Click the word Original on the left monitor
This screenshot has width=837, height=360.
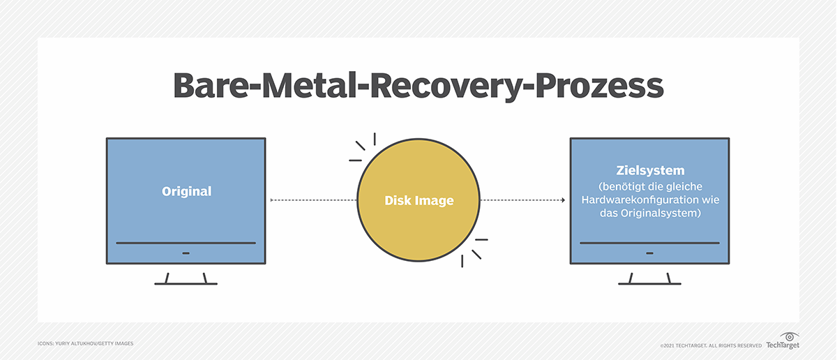pos(186,191)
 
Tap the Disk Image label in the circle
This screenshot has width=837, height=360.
pos(418,201)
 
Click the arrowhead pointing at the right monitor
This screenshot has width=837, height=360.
pos(562,201)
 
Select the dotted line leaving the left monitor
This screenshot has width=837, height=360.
pos(314,201)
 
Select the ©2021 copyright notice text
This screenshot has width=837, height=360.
pos(710,345)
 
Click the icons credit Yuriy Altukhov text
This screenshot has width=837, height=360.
pos(85,343)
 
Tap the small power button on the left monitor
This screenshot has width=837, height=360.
pos(186,253)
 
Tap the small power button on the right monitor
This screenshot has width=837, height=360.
pos(649,253)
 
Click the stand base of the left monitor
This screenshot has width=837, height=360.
pos(186,283)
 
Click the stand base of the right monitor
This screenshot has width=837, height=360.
pos(649,283)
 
